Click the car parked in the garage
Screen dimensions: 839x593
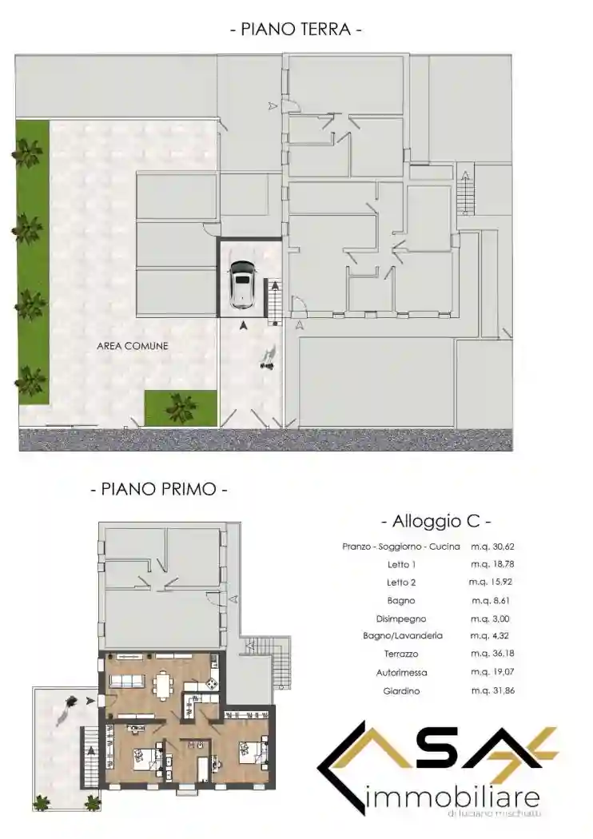(x=240, y=283)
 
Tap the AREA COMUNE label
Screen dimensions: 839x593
(x=133, y=346)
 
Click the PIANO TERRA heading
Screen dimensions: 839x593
(x=296, y=30)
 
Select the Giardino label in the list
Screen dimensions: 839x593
(x=401, y=690)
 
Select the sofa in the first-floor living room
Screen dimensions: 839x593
(x=127, y=681)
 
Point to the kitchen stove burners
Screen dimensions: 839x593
(x=211, y=685)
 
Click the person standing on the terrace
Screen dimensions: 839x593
(x=69, y=705)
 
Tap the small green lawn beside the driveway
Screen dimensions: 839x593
(x=181, y=408)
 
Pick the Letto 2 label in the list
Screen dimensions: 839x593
(x=401, y=583)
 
